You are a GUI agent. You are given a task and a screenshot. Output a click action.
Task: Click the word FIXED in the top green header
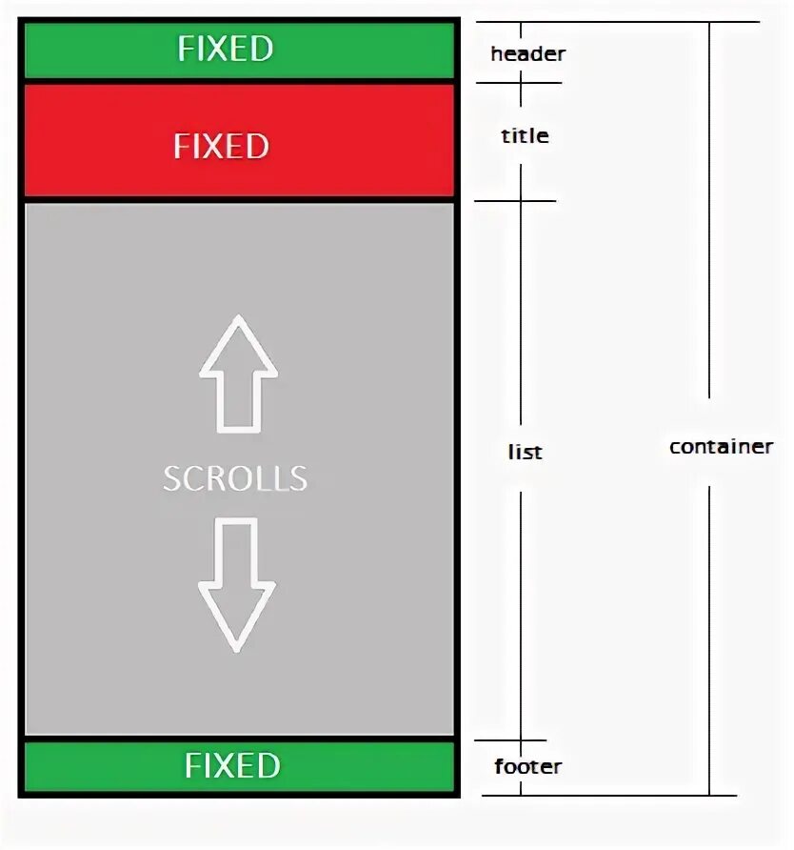point(225,49)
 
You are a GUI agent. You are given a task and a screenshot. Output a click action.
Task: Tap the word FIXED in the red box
point(221,146)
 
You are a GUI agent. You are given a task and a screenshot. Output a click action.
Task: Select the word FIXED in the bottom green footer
point(232,766)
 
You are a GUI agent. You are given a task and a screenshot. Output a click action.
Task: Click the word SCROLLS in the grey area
point(235,477)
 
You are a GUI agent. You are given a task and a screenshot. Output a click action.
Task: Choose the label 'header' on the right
point(527,54)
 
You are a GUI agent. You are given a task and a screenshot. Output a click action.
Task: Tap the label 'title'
point(525,135)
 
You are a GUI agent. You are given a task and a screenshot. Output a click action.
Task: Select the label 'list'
point(525,452)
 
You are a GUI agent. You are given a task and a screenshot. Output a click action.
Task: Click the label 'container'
point(721,446)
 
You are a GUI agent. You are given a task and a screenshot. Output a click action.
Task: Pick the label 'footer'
point(528,766)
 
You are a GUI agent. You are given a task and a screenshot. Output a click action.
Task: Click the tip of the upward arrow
point(238,318)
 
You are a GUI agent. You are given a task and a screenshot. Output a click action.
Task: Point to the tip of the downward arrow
point(236,650)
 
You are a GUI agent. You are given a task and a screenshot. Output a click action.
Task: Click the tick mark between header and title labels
point(520,83)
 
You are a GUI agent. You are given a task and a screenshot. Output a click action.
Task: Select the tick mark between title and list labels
point(520,200)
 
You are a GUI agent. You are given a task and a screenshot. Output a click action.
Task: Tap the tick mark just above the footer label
point(520,740)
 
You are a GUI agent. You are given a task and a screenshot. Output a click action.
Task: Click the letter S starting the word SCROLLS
point(171,477)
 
